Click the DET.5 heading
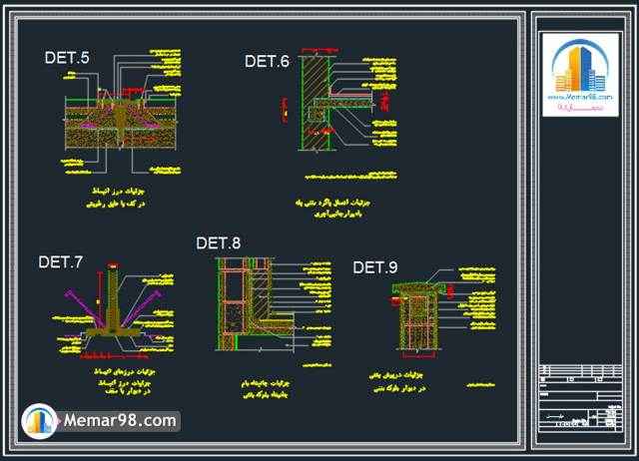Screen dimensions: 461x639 coord(67,58)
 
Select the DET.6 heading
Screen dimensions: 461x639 coord(267,62)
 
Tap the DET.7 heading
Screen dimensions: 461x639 coord(60,262)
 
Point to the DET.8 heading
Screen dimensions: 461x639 coord(219,242)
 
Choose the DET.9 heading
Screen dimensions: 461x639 coord(375,267)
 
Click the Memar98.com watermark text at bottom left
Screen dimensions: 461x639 coord(119,421)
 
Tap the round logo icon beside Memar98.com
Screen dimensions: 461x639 coord(38,421)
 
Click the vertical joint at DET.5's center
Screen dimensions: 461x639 coord(122,125)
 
